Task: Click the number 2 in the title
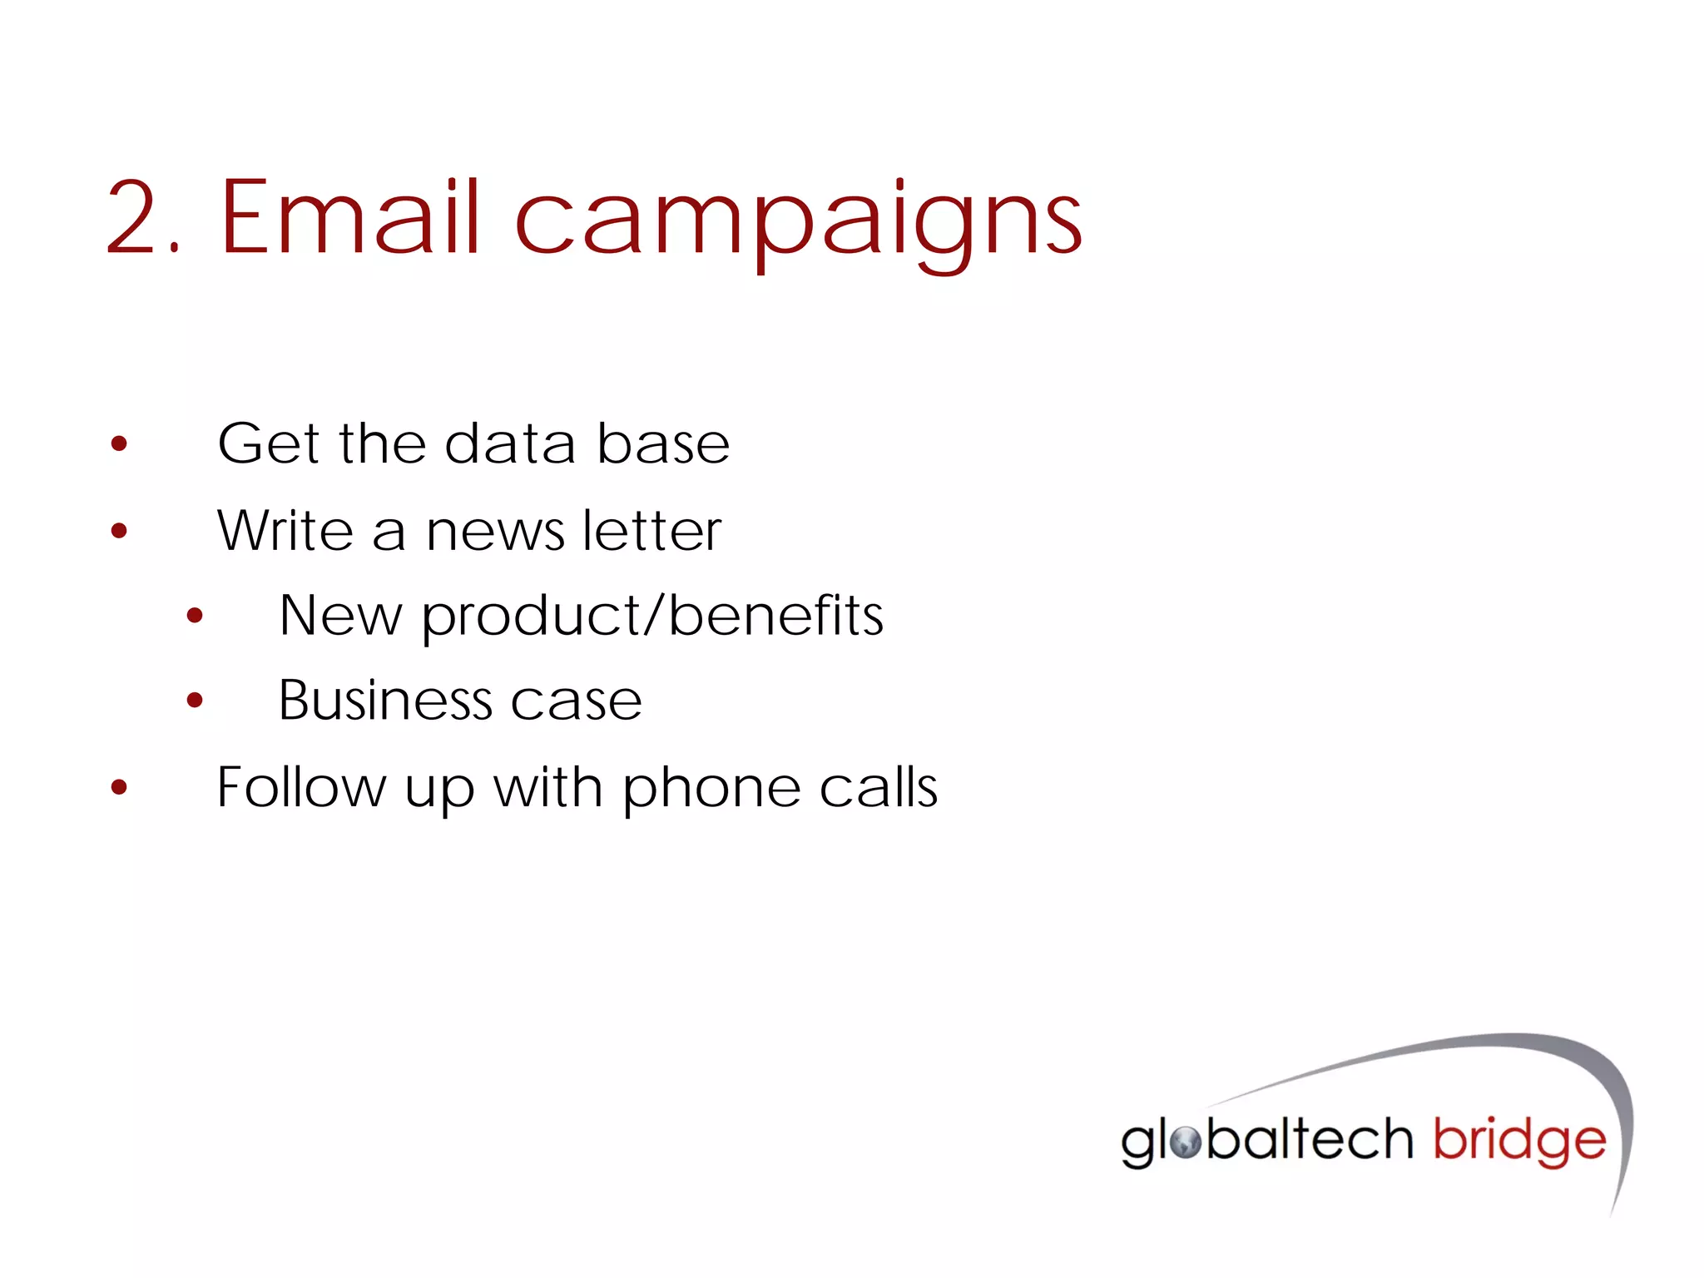pyautogui.click(x=136, y=217)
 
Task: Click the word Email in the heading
pyautogui.click(x=350, y=217)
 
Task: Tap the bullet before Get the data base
pyautogui.click(x=119, y=443)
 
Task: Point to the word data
pyautogui.click(x=510, y=443)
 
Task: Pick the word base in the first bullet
pyautogui.click(x=663, y=443)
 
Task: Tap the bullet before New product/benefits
pyautogui.click(x=195, y=616)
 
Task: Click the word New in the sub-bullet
pyautogui.click(x=340, y=616)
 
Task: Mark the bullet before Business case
pyautogui.click(x=195, y=701)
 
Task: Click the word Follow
pyautogui.click(x=301, y=786)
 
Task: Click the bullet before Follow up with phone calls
pyautogui.click(x=119, y=787)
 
